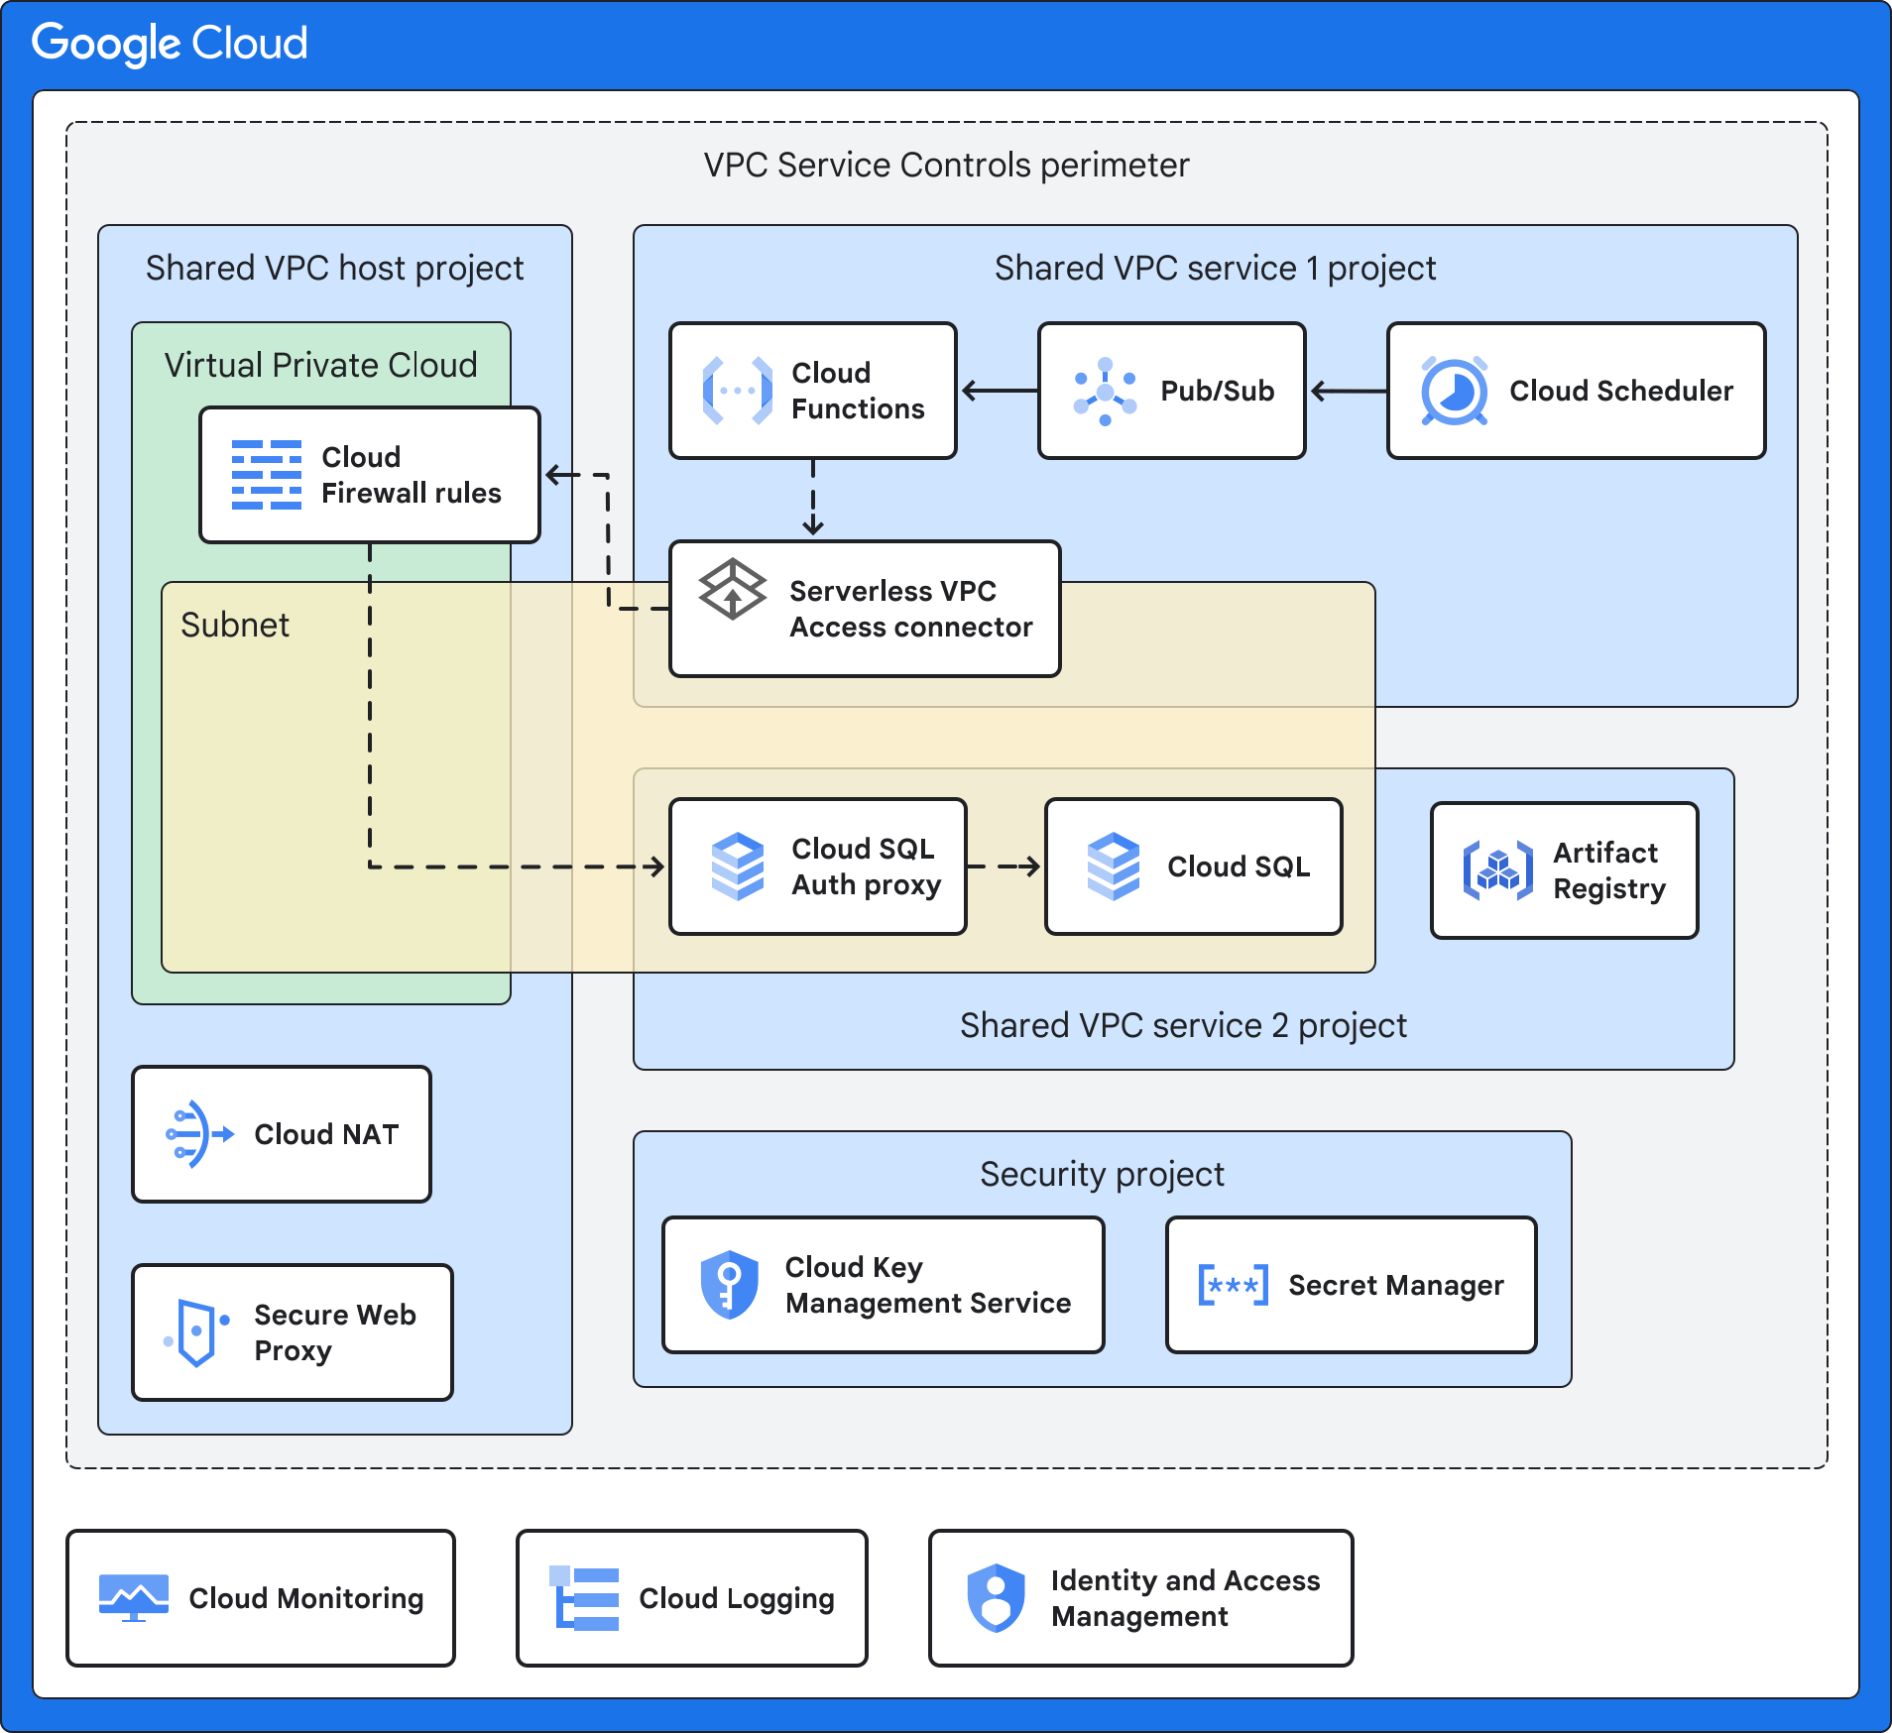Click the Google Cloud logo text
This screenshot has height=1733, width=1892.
170,44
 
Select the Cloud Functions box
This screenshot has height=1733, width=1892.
812,391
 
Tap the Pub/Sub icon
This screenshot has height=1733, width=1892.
1105,392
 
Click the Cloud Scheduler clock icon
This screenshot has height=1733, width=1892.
1454,392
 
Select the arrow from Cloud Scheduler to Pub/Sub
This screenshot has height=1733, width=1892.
1348,392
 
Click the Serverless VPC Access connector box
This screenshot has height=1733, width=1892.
865,609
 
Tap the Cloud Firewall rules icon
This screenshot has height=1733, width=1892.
266,475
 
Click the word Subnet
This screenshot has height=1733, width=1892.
235,626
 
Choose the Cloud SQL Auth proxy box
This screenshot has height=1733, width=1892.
817,866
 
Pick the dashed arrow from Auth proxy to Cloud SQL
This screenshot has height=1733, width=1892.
1005,866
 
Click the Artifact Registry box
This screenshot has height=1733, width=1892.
1564,870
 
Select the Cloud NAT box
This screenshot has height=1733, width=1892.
282,1134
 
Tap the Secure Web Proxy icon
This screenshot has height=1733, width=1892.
196,1332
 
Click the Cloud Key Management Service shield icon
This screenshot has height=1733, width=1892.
729,1285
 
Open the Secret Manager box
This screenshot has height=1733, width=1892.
1351,1285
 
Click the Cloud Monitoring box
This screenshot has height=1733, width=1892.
261,1598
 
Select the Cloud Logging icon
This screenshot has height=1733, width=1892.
585,1598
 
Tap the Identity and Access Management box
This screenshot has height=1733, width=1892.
1140,1598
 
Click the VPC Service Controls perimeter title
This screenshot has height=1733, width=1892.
946,166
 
